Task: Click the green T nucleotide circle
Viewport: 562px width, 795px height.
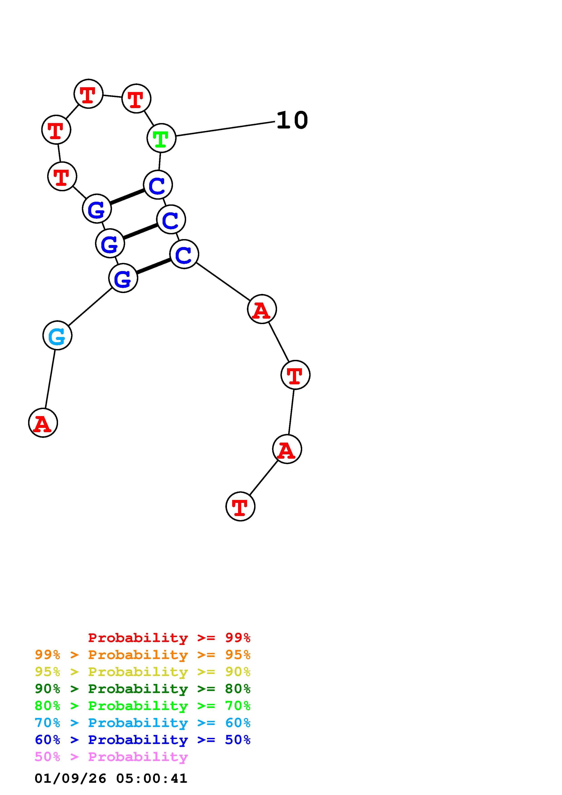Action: click(x=161, y=138)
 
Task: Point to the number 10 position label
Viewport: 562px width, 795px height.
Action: click(x=292, y=121)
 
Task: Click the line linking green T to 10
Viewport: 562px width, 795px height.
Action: click(x=225, y=129)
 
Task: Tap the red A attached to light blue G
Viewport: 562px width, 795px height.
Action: click(x=43, y=423)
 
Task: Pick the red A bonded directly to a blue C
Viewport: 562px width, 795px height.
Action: click(x=262, y=309)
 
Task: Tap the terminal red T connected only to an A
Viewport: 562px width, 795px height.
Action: click(x=240, y=506)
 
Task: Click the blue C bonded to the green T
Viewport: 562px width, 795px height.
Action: click(x=158, y=185)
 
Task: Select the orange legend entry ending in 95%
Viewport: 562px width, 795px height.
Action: click(x=143, y=655)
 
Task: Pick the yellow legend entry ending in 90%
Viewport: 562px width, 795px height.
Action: click(x=143, y=672)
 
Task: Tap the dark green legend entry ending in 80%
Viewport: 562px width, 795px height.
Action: click(x=143, y=689)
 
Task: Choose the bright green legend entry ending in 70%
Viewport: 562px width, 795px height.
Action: click(x=143, y=706)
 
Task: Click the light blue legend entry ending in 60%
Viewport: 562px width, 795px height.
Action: click(x=143, y=723)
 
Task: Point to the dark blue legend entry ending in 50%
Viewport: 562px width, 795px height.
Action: click(x=143, y=740)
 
